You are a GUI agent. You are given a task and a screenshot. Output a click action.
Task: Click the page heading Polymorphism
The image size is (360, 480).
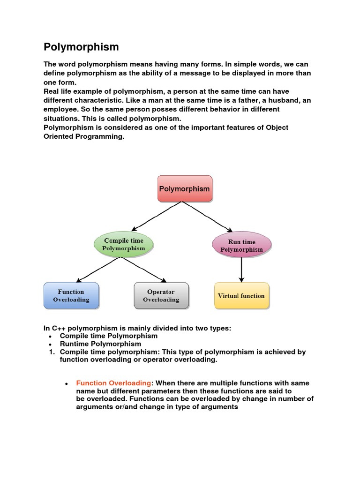point(81,47)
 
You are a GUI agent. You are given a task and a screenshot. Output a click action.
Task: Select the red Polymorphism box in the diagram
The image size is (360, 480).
point(185,189)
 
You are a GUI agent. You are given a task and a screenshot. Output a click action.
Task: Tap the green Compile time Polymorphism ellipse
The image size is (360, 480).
point(124,244)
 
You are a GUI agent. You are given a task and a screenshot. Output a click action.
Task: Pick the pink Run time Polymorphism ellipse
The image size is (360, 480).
point(241,245)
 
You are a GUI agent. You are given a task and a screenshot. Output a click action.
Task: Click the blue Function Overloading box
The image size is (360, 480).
point(71,295)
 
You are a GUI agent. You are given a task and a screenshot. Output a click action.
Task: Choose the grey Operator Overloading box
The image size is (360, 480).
point(161,295)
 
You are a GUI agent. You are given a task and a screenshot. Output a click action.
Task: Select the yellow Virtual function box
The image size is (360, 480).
point(241,296)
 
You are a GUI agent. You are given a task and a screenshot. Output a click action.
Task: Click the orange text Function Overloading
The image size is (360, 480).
point(113,383)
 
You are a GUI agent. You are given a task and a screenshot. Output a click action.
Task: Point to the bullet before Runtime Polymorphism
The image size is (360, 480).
point(50,345)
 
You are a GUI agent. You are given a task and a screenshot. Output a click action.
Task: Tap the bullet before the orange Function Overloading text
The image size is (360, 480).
point(67,384)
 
